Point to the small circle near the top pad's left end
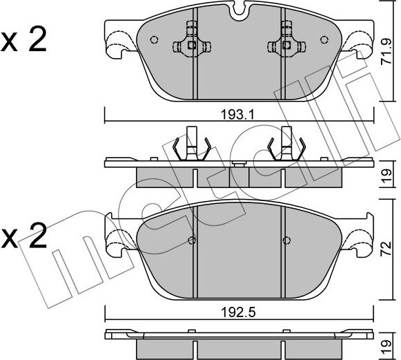click(155, 39)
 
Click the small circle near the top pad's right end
click(322, 39)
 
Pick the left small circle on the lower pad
click(192, 241)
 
